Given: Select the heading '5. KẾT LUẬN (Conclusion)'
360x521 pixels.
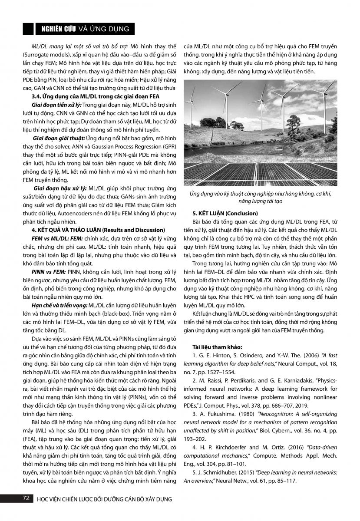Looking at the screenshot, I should click(225, 214).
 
